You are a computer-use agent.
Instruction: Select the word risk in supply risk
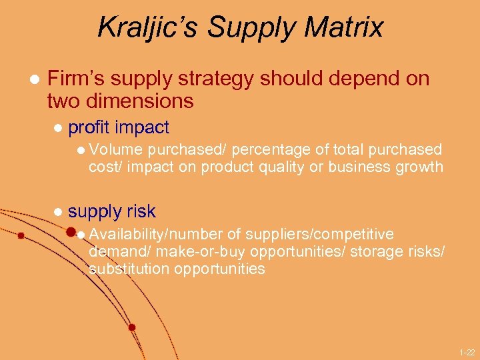(x=139, y=212)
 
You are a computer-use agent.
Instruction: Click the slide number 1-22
(x=466, y=351)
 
